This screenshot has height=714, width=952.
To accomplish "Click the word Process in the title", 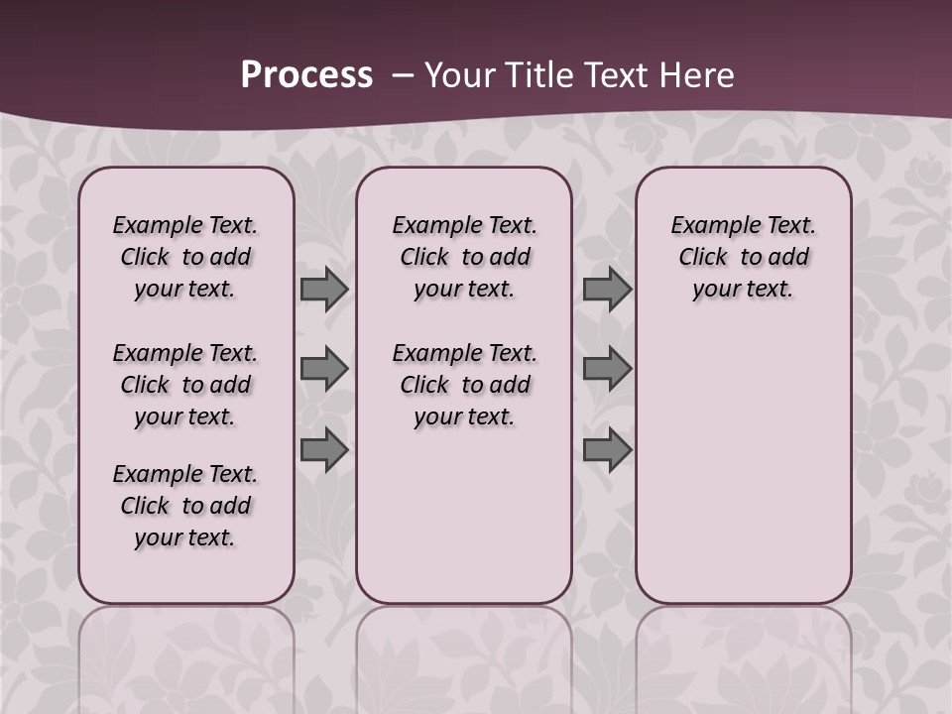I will (306, 75).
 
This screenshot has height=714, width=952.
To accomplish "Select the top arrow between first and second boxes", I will (324, 290).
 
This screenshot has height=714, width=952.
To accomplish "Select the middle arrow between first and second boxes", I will (324, 369).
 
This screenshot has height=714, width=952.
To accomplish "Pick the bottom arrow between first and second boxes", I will (324, 449).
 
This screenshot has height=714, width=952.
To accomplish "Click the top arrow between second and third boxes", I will (607, 290).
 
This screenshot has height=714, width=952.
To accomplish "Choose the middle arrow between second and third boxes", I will (607, 369).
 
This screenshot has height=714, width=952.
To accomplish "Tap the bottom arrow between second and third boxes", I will (607, 449).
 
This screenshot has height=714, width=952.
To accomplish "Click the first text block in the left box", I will (185, 257).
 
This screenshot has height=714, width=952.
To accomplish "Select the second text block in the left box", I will (185, 385).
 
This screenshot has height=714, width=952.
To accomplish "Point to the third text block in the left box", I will (185, 506).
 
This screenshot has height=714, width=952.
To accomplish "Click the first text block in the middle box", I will (464, 257).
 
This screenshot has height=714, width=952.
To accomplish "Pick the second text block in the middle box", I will (464, 385).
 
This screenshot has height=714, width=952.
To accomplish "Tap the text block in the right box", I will (743, 257).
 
